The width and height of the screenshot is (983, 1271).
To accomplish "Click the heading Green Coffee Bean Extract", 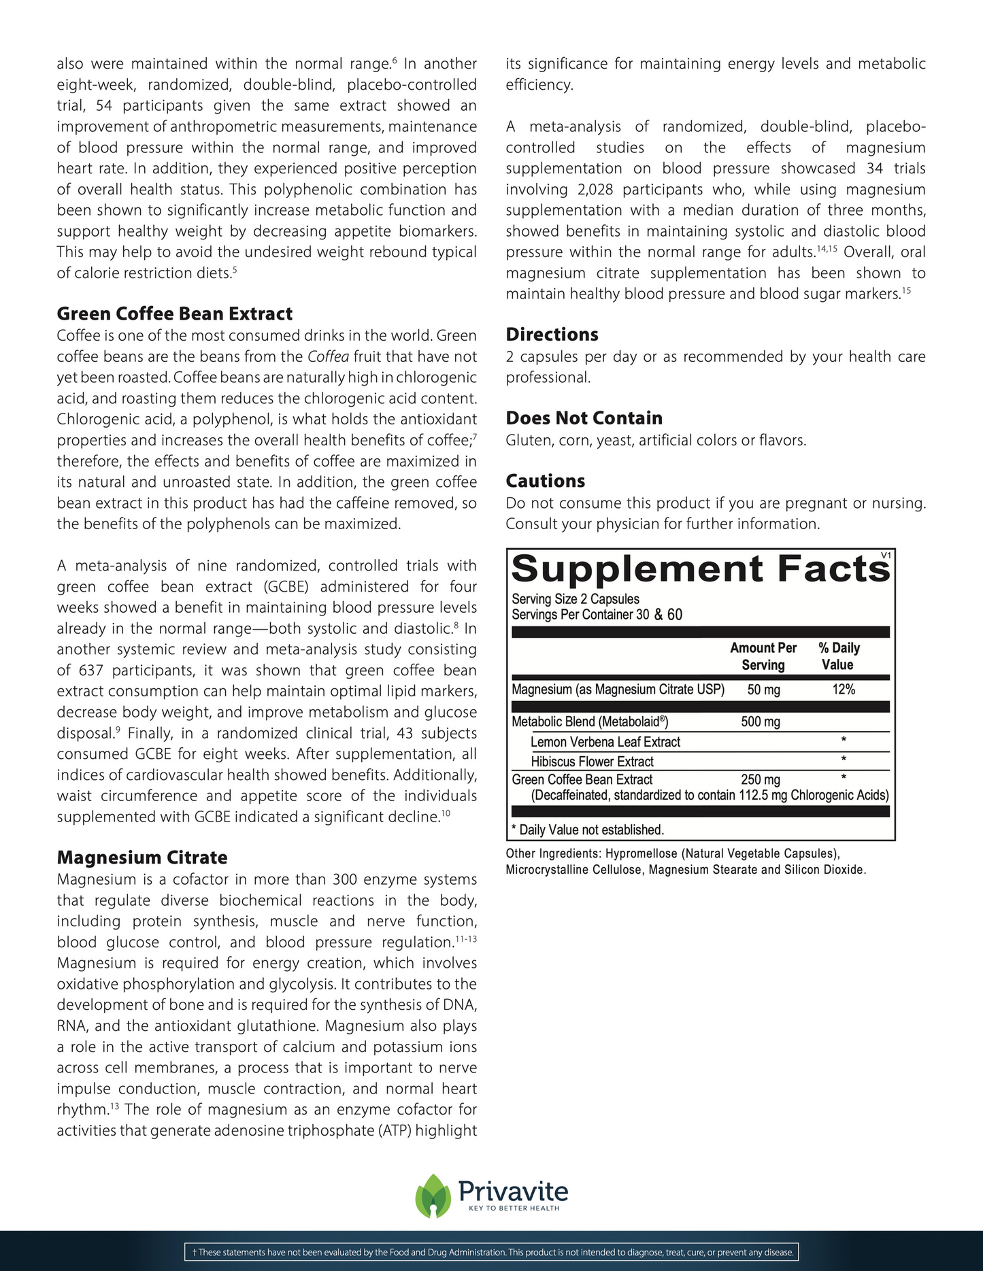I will click(175, 313).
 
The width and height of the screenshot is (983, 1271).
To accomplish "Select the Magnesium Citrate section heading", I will click(142, 858).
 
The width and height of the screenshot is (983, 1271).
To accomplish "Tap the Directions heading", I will click(552, 335).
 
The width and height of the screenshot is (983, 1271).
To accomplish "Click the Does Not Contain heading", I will click(584, 418).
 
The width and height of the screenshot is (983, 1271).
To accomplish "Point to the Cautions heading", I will click(545, 481).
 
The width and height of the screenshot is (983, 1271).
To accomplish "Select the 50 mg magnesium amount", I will click(763, 690).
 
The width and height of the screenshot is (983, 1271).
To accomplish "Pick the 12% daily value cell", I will click(844, 690).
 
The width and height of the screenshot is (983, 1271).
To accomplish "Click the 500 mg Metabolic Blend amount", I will click(761, 722).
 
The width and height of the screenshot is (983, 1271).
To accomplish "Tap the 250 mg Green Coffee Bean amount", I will click(761, 780).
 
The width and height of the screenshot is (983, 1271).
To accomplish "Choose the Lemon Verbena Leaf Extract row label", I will click(605, 742).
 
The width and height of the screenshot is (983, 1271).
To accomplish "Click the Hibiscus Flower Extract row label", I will click(592, 762).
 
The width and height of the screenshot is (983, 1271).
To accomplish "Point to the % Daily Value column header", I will click(839, 656).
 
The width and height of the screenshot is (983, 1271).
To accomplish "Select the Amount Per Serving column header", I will click(763, 656).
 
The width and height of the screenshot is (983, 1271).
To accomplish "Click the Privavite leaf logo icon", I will click(433, 1196).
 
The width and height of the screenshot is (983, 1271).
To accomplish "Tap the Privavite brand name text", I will click(513, 1191).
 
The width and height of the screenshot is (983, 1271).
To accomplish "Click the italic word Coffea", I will click(328, 356).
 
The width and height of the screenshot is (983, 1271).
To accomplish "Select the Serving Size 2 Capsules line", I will click(576, 599).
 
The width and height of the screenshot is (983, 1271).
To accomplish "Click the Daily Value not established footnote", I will click(588, 830).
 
